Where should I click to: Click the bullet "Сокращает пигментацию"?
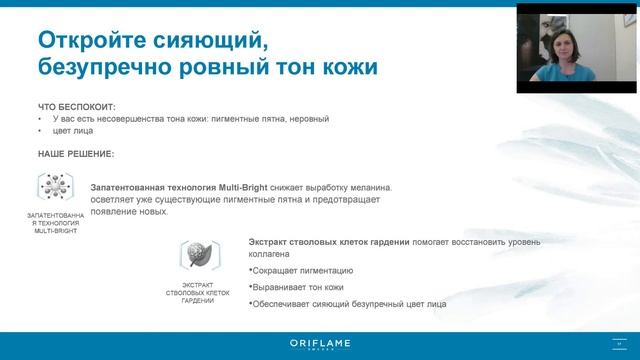click(302, 271)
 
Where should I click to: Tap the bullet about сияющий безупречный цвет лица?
click(349, 304)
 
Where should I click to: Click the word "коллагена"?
click(269, 254)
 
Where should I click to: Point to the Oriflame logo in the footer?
click(319, 344)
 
